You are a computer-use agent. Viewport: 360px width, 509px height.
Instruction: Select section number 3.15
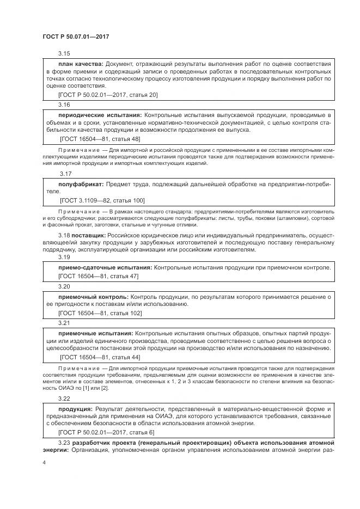click(64, 53)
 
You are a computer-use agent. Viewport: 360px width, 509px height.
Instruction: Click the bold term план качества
click(81, 64)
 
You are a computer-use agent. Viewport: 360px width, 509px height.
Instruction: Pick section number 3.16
click(64, 104)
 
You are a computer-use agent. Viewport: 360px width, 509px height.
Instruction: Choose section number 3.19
click(64, 257)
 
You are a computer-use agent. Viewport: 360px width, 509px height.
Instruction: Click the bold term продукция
click(75, 408)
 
